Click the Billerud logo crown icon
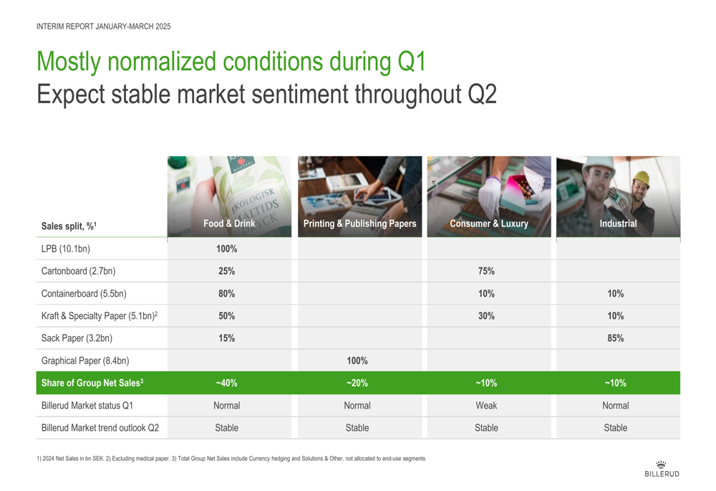pos(661,464)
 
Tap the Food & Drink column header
pos(229,224)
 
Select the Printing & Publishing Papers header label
pos(360,224)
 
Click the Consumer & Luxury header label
pos(489,224)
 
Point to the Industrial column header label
pos(619,224)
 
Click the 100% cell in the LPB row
pos(226,249)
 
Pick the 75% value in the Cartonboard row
pos(486,271)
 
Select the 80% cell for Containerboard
pos(226,293)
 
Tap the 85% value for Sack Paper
pos(616,338)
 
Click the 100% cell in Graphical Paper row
pos(357,361)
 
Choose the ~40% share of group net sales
pos(226,383)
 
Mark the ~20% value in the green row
pos(357,383)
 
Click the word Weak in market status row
pos(486,406)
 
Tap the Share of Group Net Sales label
pos(92,383)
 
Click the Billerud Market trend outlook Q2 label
pos(100,428)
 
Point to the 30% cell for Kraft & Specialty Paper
pos(486,316)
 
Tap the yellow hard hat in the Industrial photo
pos(641,178)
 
